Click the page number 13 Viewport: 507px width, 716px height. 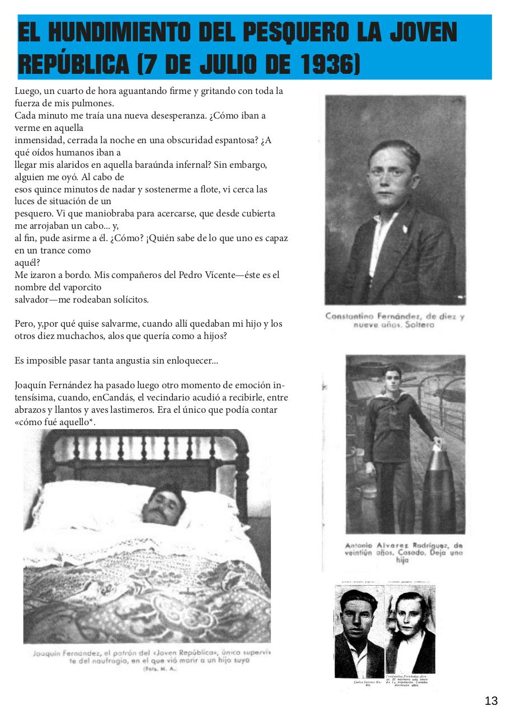[491, 701]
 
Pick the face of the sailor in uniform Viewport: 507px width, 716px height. [392, 379]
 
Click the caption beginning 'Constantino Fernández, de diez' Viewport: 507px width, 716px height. [395, 321]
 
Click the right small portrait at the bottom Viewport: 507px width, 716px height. [411, 629]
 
